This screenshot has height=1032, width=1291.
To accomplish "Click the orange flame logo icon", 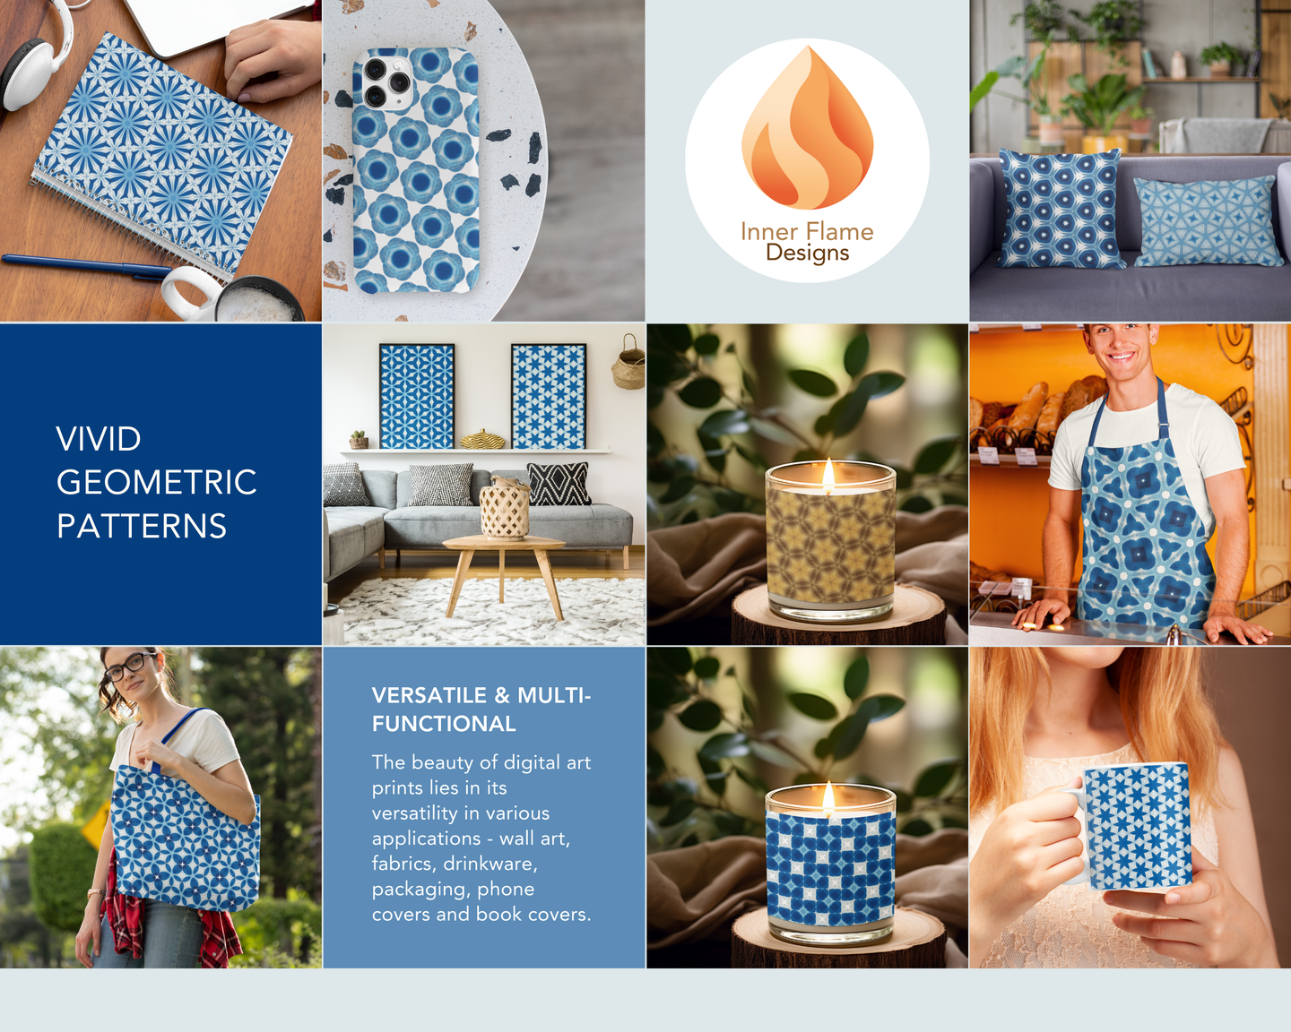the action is [807, 129].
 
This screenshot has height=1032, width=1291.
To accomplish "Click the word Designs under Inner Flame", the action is [808, 253].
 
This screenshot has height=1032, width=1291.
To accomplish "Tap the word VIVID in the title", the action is [99, 439].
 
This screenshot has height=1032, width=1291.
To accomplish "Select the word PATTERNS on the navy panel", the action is [142, 526].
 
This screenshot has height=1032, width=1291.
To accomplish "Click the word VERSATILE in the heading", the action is [429, 695].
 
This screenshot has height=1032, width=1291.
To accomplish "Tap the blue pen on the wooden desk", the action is [87, 266].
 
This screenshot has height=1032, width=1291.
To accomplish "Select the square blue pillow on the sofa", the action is [1061, 209].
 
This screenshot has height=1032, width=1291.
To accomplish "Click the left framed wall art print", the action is [416, 397].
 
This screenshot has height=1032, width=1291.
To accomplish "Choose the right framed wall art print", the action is [549, 397].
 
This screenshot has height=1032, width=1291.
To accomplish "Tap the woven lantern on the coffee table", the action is [505, 508].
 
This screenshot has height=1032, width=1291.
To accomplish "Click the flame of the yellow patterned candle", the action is [828, 472].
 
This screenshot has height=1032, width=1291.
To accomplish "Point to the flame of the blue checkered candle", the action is [828, 796].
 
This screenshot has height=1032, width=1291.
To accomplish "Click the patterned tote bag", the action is [186, 837].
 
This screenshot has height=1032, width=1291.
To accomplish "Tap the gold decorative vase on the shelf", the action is [482, 439].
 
